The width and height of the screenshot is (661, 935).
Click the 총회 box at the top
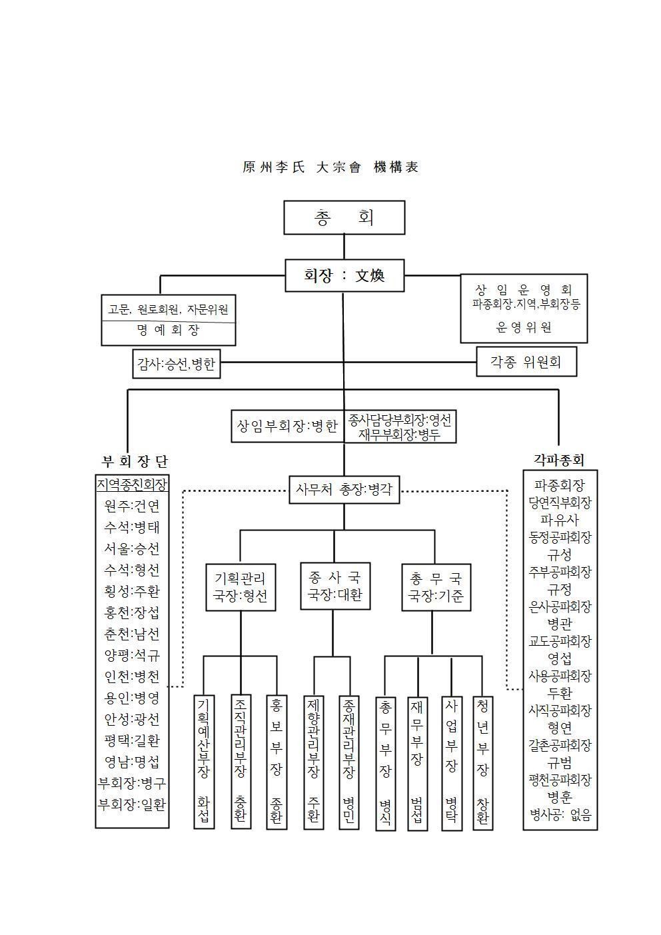[344, 217]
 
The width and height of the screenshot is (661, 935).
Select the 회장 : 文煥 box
[344, 275]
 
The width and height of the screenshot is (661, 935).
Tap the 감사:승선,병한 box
[177, 364]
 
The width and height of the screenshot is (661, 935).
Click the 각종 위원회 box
[526, 361]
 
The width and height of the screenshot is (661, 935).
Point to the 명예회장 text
[168, 330]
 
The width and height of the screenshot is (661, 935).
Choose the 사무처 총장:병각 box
[344, 489]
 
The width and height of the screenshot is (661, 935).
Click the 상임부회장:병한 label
[287, 426]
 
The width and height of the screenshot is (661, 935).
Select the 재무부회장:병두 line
[399, 435]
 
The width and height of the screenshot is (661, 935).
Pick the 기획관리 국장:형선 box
[241, 588]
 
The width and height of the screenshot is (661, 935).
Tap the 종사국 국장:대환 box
[335, 586]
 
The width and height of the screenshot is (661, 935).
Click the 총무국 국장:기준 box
[436, 588]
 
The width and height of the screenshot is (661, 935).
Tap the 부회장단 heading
[135, 462]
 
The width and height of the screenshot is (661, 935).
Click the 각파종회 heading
[559, 460]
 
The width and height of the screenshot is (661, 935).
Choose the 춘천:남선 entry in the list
[132, 634]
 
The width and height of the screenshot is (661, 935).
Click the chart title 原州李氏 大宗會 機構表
[330, 167]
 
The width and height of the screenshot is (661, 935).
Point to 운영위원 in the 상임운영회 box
[524, 327]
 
